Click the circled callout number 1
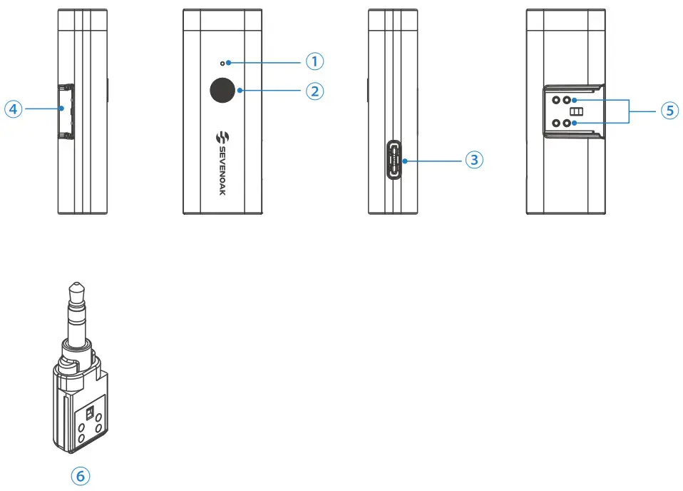315,61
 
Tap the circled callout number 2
315,91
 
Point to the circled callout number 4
13,109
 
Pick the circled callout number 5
669,111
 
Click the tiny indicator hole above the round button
222,64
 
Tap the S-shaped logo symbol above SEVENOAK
222,137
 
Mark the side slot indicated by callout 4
66,111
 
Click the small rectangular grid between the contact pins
576,112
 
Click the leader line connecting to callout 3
435,161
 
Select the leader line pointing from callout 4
43,109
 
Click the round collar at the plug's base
77,352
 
